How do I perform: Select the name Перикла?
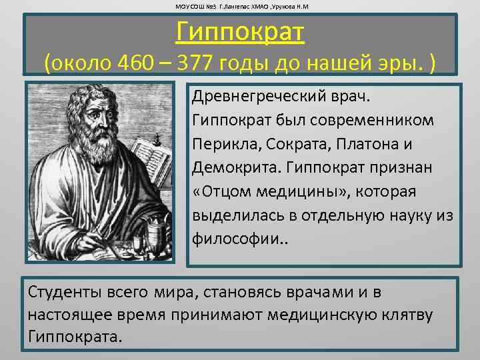coord(220,145)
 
